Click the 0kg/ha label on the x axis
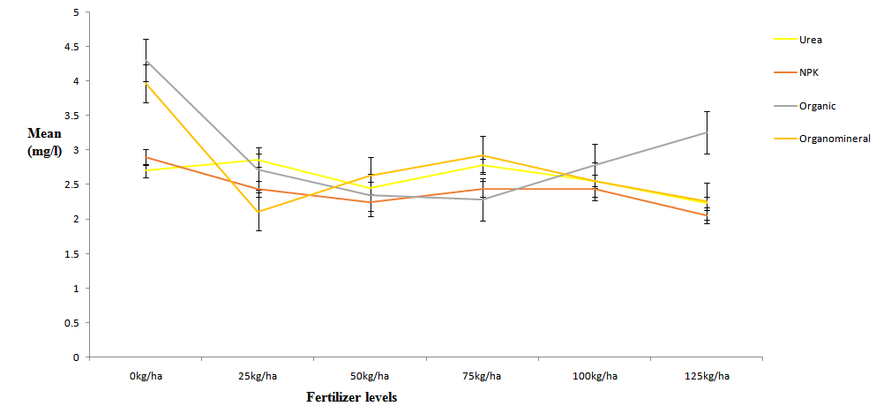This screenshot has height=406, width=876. [x=146, y=376]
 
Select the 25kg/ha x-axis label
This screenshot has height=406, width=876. [x=258, y=376]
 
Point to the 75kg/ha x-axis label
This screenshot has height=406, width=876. [x=483, y=376]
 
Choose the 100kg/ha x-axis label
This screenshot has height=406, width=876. [x=595, y=376]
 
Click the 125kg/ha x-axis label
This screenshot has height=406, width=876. [x=707, y=376]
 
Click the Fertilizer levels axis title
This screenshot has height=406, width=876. [x=351, y=397]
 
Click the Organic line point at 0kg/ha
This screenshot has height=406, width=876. [x=146, y=61]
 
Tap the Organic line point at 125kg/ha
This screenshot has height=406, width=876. [x=707, y=132]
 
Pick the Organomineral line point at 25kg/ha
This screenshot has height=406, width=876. [x=258, y=212]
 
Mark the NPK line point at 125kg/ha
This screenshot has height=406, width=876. [x=707, y=215]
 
